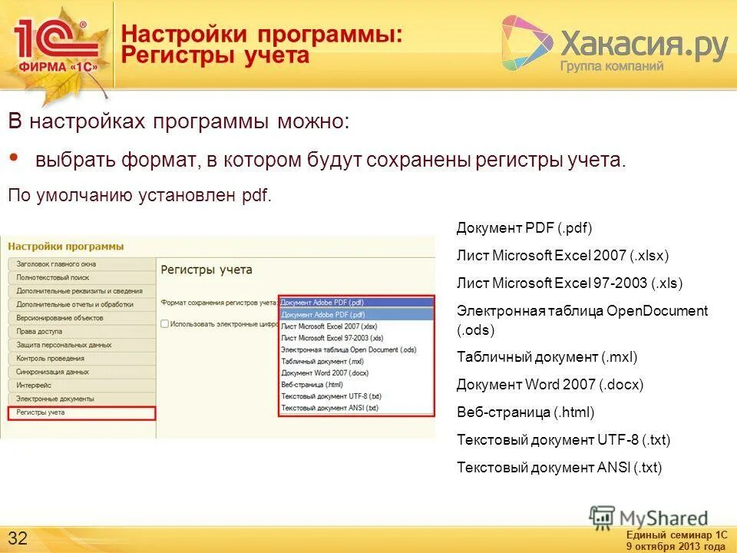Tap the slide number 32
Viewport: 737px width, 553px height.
coord(18,536)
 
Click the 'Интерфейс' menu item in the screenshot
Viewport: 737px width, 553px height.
coord(34,385)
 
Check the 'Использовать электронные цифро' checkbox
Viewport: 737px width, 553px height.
coord(165,324)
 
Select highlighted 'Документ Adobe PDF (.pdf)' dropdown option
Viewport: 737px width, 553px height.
coord(323,315)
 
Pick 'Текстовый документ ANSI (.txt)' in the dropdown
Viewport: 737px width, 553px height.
coord(330,408)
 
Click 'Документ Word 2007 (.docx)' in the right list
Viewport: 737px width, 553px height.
coord(550,385)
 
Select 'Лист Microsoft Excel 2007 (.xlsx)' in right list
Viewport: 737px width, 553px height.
coord(563,256)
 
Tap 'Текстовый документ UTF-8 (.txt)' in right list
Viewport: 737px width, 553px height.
coord(563,440)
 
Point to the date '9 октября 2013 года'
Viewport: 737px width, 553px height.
coord(676,546)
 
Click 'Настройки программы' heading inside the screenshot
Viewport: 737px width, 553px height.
coord(66,247)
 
